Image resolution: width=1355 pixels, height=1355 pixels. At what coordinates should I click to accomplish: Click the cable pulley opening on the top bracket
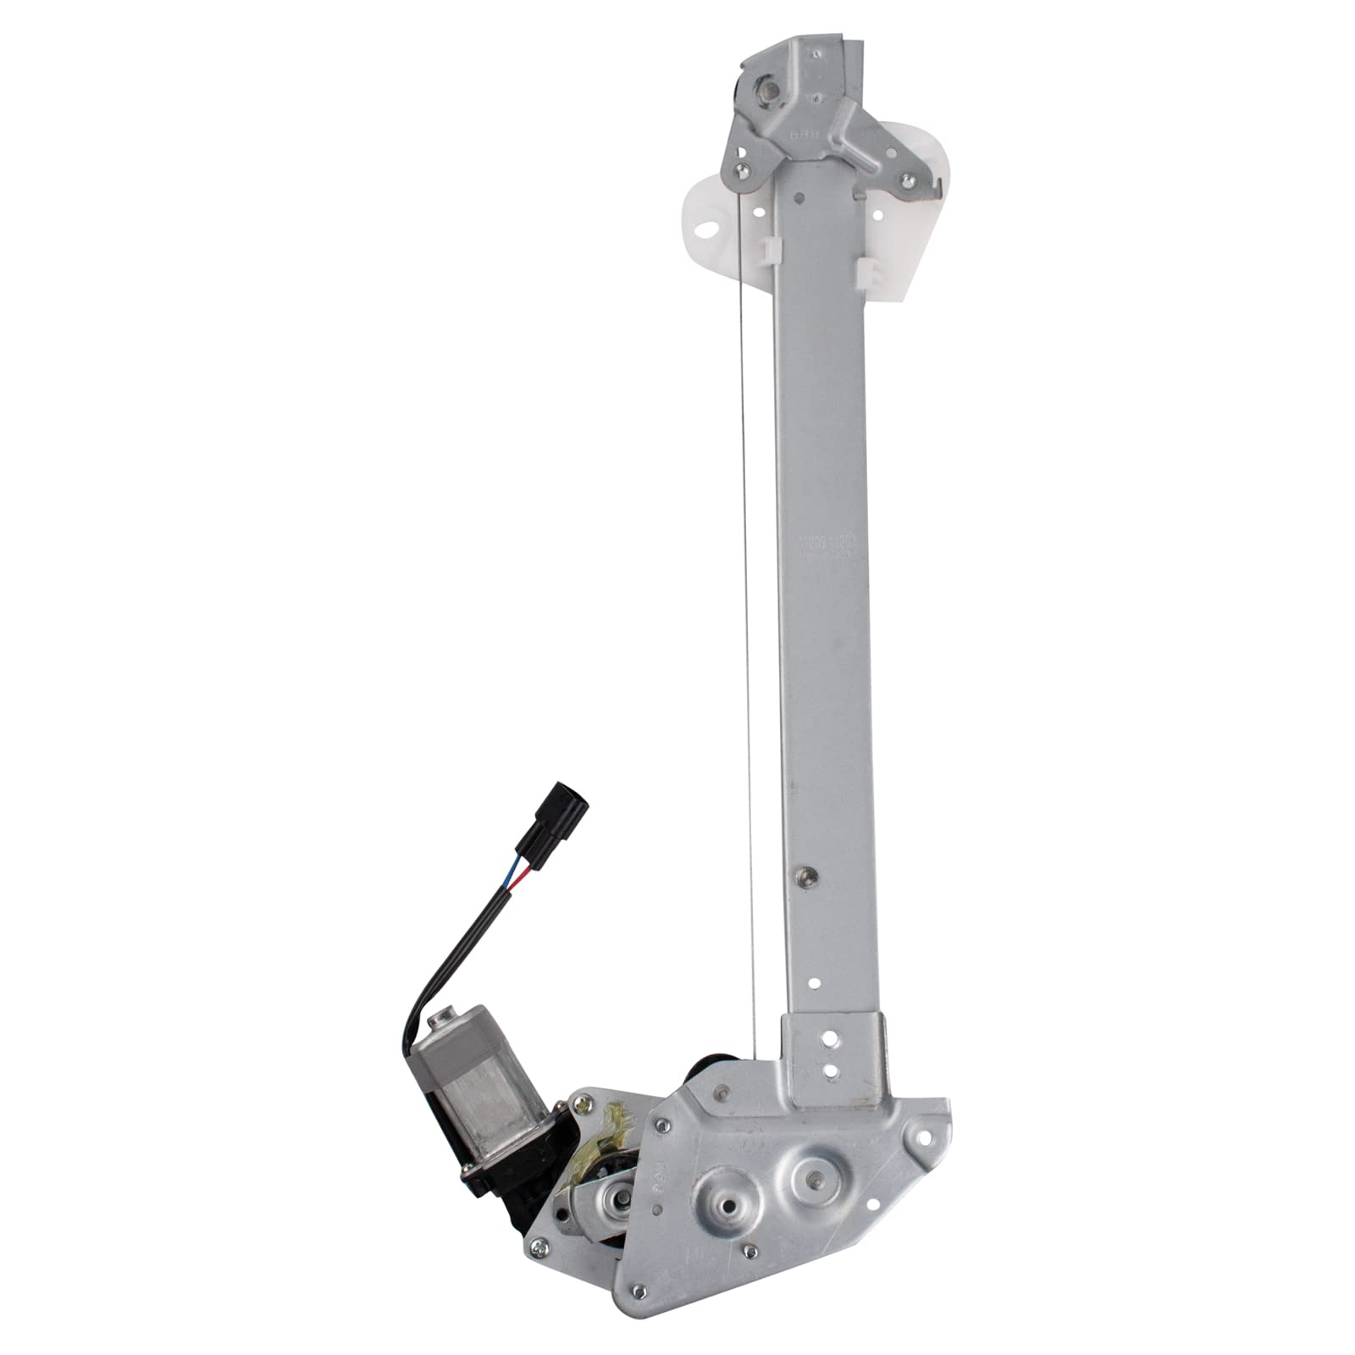click(764, 90)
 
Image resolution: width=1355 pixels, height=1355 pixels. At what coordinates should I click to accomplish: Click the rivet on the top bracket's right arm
click(909, 180)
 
